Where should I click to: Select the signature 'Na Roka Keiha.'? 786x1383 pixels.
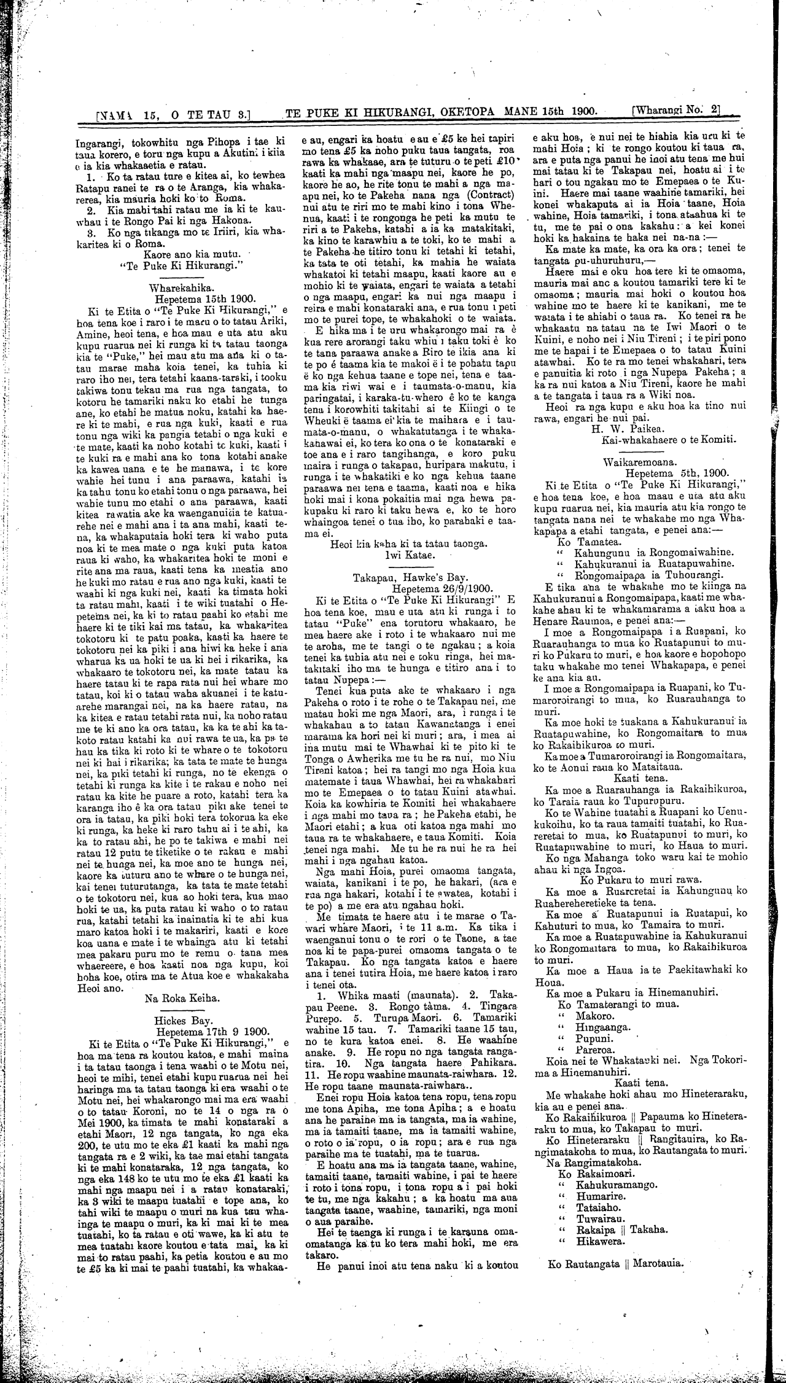pos(180,999)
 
